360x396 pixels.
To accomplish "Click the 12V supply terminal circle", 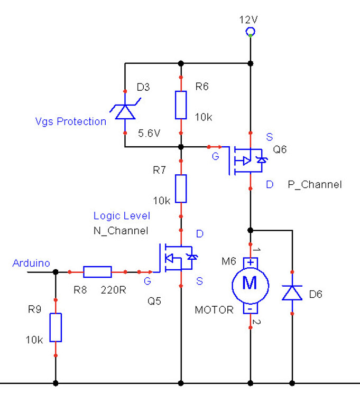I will (x=250, y=33).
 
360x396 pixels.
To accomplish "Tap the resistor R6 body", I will (x=181, y=105).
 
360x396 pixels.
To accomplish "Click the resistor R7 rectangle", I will (x=181, y=189).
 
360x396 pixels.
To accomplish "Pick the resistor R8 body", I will (x=97, y=272).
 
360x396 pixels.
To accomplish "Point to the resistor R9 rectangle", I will (x=56, y=327).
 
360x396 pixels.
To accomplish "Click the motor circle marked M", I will (x=250, y=284).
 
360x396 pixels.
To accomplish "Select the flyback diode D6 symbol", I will (x=292, y=292).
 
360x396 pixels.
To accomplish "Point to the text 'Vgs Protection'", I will (x=71, y=121).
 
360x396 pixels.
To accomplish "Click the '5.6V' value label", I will (x=149, y=134).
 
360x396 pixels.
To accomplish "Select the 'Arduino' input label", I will (x=31, y=263).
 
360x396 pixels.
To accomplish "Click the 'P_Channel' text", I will (x=315, y=185).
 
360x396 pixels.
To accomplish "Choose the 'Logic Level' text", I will (x=122, y=215).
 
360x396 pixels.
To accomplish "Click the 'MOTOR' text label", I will (x=214, y=309).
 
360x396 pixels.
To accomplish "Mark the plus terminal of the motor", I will (x=250, y=262).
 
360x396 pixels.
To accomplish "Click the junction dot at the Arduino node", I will (x=56, y=272).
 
